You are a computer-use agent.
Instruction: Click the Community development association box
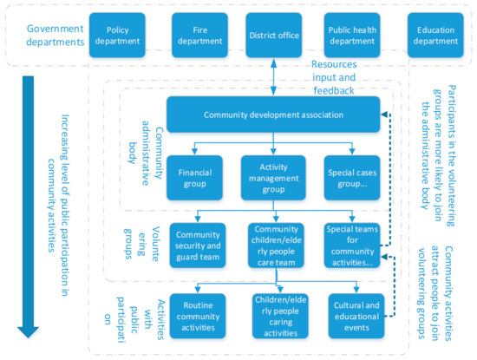pyautogui.click(x=274, y=115)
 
